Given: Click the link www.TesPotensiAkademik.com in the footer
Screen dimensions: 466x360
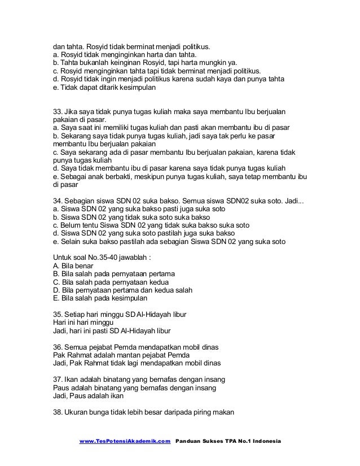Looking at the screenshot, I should tap(125, 440).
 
